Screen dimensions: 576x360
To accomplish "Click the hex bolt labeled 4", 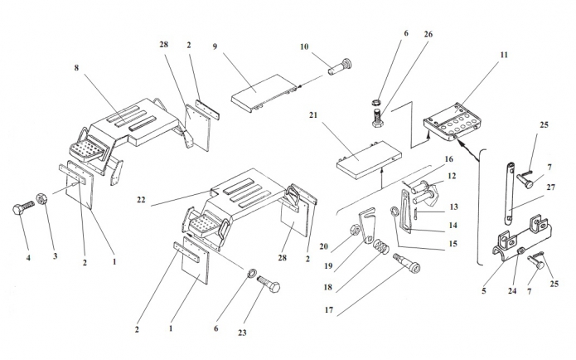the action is point(22,208).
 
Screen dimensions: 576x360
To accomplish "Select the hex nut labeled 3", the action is point(41,199).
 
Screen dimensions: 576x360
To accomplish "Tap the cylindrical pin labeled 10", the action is point(340,66).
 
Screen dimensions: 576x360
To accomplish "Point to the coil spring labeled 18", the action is point(381,246).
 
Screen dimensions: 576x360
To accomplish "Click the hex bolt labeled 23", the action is point(269,285).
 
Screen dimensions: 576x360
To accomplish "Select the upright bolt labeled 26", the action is point(377,118).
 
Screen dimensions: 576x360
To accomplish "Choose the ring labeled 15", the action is point(394,212).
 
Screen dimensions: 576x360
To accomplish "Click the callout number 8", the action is point(76,68).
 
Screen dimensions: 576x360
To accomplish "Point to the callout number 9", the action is point(215,46).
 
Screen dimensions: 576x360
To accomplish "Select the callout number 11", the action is point(504,55).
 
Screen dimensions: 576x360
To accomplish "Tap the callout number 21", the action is point(313,115).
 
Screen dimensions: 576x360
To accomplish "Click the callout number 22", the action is point(141,200).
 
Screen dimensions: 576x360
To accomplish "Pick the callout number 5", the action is point(484,291).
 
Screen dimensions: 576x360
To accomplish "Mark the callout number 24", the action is point(512,291).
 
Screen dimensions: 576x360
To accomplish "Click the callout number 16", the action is point(449,159).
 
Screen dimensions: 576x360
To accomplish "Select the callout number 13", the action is point(454,207).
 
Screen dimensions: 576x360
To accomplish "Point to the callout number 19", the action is point(328,266).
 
